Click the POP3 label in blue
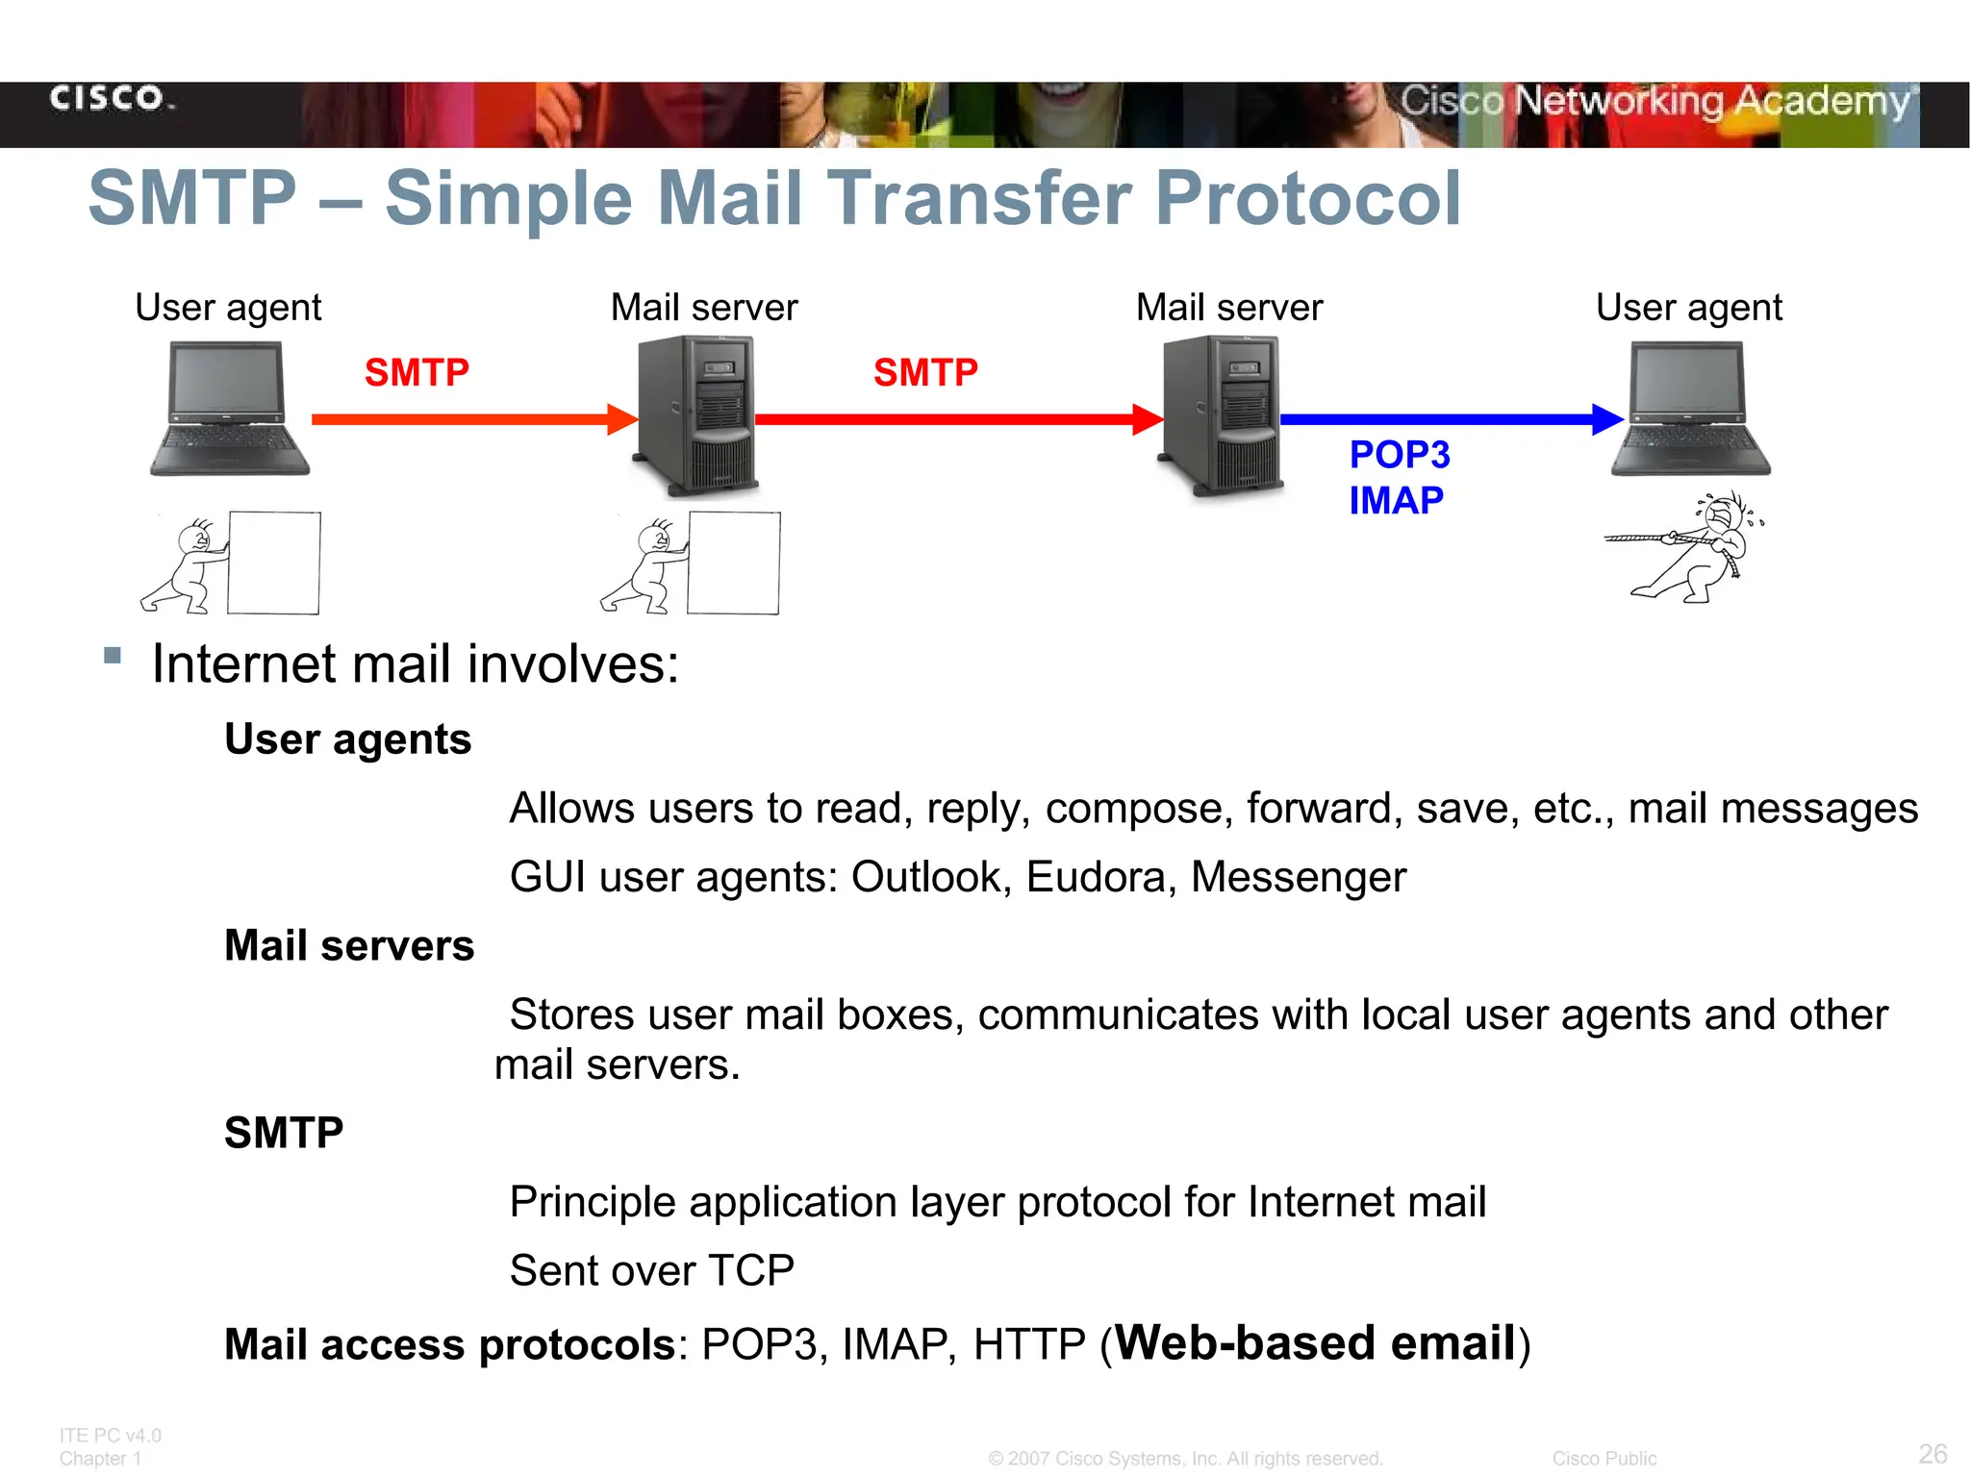tap(1400, 455)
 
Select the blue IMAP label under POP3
tap(1396, 501)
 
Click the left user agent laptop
tap(229, 409)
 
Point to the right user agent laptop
tap(1690, 409)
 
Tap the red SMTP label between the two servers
tap(925, 373)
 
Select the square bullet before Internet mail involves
tap(113, 656)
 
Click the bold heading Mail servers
tap(349, 946)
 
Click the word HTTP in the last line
tap(1029, 1344)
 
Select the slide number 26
tap(1932, 1454)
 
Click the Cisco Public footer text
tap(1604, 1459)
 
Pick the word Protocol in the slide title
tap(1307, 199)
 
